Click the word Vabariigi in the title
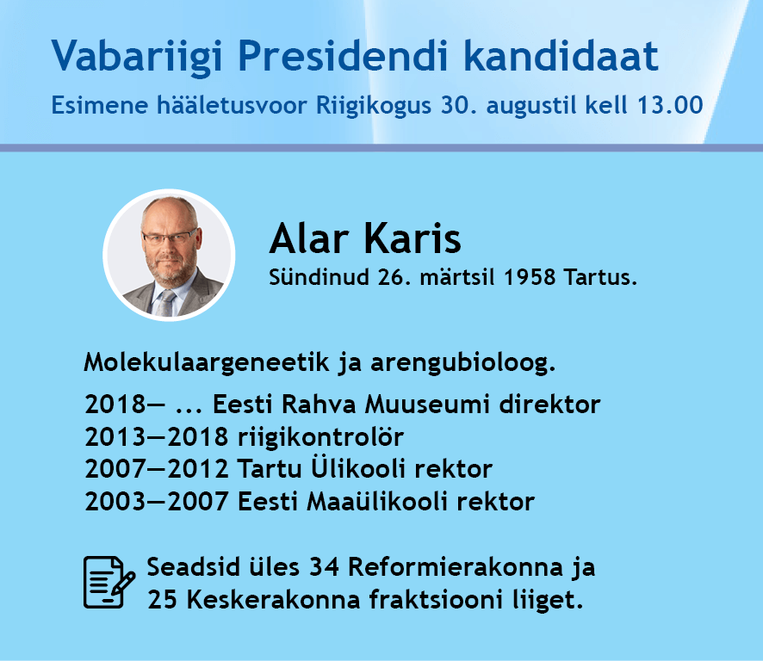pos(137,57)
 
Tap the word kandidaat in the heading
pos(561,55)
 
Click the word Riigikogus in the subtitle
pos(374,106)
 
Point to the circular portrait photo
pos(170,255)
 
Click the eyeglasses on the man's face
pos(169,238)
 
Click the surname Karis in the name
pos(413,238)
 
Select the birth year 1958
pos(530,278)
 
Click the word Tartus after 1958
pos(600,278)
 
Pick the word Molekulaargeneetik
pos(207,363)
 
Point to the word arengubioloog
pos(462,363)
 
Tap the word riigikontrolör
pos(320,437)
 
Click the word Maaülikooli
pos(376,502)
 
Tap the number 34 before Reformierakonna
pos(324,567)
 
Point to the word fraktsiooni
pos(436,600)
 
